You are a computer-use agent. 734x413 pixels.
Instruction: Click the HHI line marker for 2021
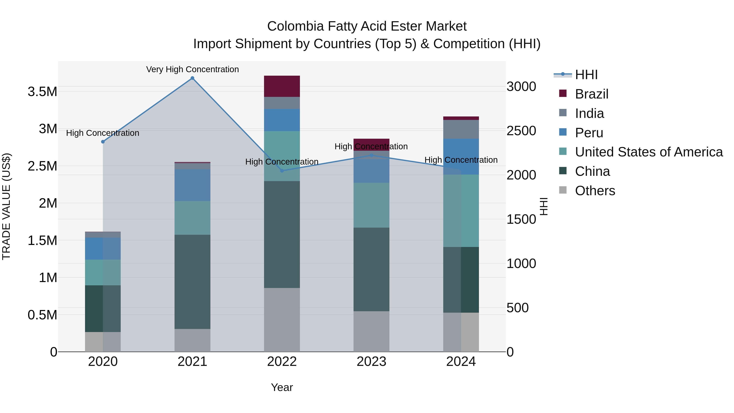point(192,78)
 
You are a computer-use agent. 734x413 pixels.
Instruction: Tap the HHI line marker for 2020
point(103,142)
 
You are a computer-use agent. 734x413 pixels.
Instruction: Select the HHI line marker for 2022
point(282,171)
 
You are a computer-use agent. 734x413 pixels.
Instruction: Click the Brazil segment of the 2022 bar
point(282,86)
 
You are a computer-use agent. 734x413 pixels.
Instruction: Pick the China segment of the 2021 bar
point(192,282)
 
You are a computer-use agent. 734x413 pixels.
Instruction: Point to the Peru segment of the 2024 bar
point(461,156)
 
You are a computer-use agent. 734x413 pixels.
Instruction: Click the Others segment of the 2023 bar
point(371,331)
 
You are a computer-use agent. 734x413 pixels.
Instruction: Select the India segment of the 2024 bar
point(461,129)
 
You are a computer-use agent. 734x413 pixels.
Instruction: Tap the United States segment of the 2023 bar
point(371,205)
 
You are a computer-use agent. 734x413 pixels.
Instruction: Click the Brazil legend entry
point(591,94)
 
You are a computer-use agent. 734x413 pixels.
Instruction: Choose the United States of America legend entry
point(649,152)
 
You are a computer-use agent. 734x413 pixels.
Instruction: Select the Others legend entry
point(595,191)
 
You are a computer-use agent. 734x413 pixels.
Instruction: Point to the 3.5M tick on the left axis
point(42,92)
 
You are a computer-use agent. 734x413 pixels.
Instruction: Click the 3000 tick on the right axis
point(521,87)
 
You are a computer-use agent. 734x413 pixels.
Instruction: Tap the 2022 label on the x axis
point(282,362)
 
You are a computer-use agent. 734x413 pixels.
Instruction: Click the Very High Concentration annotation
point(192,69)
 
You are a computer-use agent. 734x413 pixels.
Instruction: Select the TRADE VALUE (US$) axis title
point(6,206)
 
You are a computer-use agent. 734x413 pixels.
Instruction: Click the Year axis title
point(282,387)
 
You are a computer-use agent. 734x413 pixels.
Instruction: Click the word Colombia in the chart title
point(295,26)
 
